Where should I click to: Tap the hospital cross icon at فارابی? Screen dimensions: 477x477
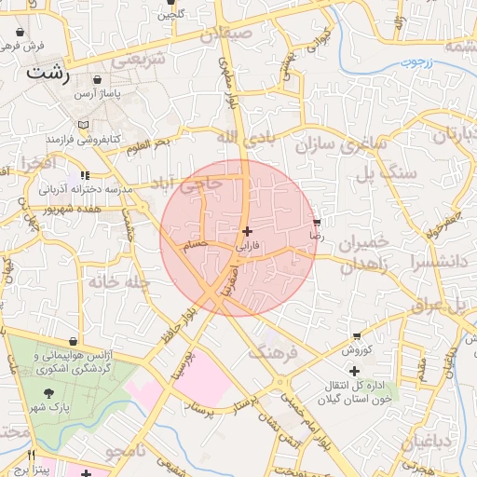point(246,231)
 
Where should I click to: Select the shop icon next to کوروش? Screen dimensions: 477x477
point(357,336)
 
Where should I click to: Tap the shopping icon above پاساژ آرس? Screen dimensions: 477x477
point(97,80)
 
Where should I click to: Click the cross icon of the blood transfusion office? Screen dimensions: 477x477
point(354,371)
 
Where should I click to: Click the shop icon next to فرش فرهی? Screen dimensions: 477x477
point(20,32)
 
